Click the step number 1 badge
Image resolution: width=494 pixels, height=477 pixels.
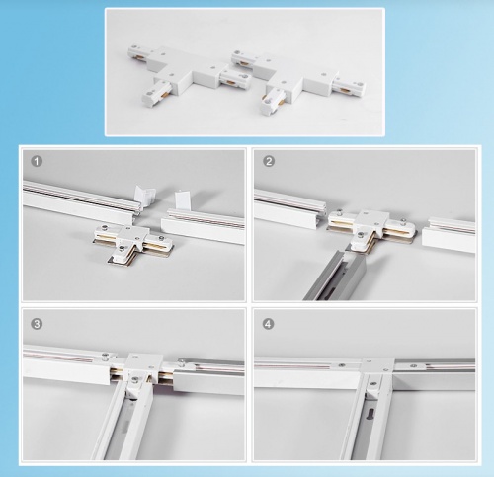(x=37, y=161)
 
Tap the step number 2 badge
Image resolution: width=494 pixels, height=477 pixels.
(x=269, y=161)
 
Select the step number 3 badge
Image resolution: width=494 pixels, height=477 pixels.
(x=37, y=324)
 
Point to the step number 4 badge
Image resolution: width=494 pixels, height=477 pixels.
(x=269, y=324)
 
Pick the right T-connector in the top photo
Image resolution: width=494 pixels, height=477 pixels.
(x=296, y=82)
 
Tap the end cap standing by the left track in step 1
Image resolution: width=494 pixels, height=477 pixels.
(x=145, y=197)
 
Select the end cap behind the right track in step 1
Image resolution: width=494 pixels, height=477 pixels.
(x=182, y=199)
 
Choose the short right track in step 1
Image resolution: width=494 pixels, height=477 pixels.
(x=204, y=225)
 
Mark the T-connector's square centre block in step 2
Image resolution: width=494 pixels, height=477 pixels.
(x=371, y=221)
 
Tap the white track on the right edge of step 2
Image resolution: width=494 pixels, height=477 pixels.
(x=449, y=234)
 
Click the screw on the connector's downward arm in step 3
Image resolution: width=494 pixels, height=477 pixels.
(x=134, y=380)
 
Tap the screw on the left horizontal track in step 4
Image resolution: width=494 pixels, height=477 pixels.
(x=342, y=365)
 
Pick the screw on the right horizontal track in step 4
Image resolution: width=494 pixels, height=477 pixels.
(x=414, y=365)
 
